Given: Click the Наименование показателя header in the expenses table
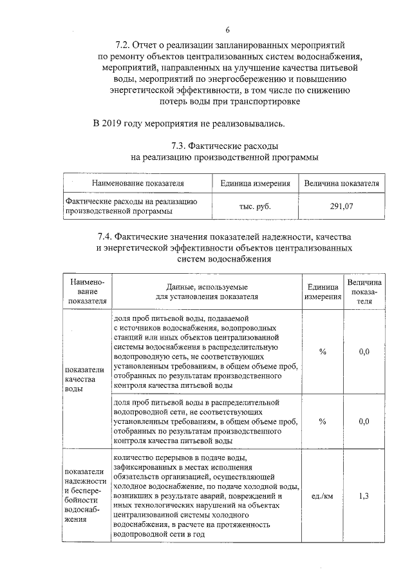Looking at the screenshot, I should (138, 184).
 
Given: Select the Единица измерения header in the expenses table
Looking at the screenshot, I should (255, 184).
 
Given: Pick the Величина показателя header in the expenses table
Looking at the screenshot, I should (341, 184).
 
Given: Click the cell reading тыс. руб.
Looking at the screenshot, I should (255, 207).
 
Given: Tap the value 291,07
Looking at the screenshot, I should (341, 207).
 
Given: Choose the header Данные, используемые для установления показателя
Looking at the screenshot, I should (206, 292).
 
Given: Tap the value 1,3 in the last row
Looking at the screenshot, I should (364, 496).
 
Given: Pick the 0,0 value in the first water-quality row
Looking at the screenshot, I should (364, 351).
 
